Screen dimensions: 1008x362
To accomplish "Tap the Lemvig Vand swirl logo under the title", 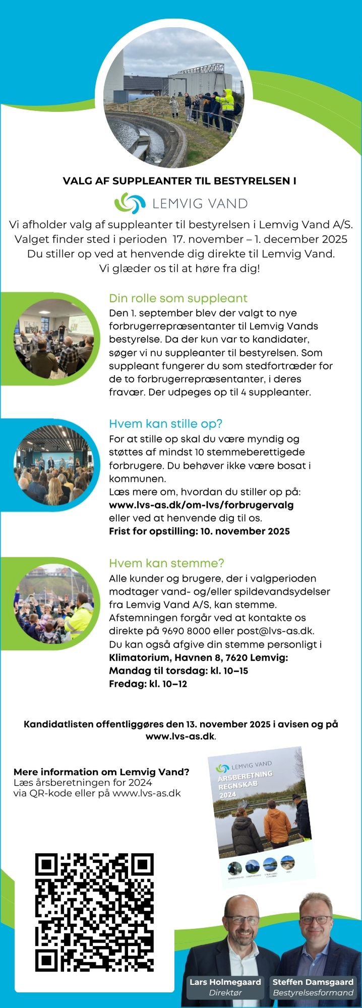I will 130,203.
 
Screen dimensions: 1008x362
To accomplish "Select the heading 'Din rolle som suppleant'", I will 178,298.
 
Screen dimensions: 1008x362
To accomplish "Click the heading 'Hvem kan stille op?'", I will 165,424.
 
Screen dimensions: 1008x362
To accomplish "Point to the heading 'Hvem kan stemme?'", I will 166,563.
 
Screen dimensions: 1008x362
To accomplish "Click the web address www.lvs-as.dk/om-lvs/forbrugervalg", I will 201,505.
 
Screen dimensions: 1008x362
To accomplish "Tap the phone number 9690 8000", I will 181,631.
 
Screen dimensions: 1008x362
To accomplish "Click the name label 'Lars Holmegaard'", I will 225,982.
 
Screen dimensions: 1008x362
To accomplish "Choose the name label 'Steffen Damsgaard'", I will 313,982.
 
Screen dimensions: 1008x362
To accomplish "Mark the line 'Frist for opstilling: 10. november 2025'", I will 199,531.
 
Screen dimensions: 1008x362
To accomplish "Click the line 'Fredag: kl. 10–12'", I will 148,684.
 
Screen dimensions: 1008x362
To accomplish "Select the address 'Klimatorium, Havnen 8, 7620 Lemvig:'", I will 198,658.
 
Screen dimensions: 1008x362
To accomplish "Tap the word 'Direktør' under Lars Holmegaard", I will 225,993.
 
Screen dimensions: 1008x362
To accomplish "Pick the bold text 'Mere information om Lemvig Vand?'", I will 101,772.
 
